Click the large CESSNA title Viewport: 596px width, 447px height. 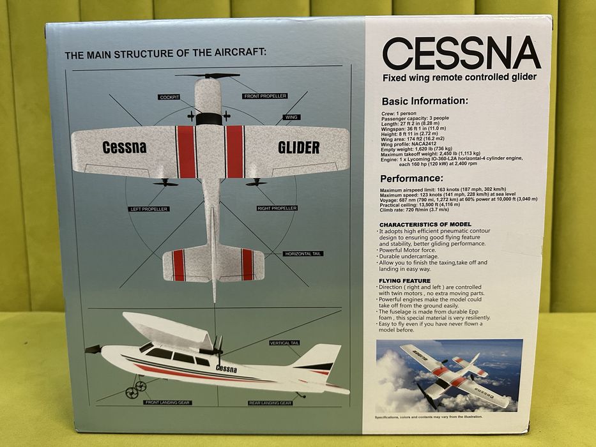[461, 54]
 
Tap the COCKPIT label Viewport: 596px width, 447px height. [170, 97]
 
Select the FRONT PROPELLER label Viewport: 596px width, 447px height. [265, 96]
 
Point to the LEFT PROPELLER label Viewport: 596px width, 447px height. [148, 209]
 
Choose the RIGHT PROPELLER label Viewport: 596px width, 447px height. [277, 208]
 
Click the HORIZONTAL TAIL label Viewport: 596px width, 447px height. [303, 254]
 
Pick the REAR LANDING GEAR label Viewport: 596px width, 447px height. [270, 403]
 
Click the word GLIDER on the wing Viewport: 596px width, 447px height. [298, 148]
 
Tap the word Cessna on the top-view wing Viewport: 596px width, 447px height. [124, 148]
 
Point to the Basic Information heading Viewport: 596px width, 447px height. [425, 101]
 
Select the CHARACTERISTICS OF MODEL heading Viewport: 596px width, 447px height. [425, 225]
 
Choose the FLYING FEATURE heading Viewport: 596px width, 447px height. [404, 281]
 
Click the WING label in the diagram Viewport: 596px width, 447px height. [291, 117]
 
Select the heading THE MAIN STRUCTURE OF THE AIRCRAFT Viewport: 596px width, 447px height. [165, 54]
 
